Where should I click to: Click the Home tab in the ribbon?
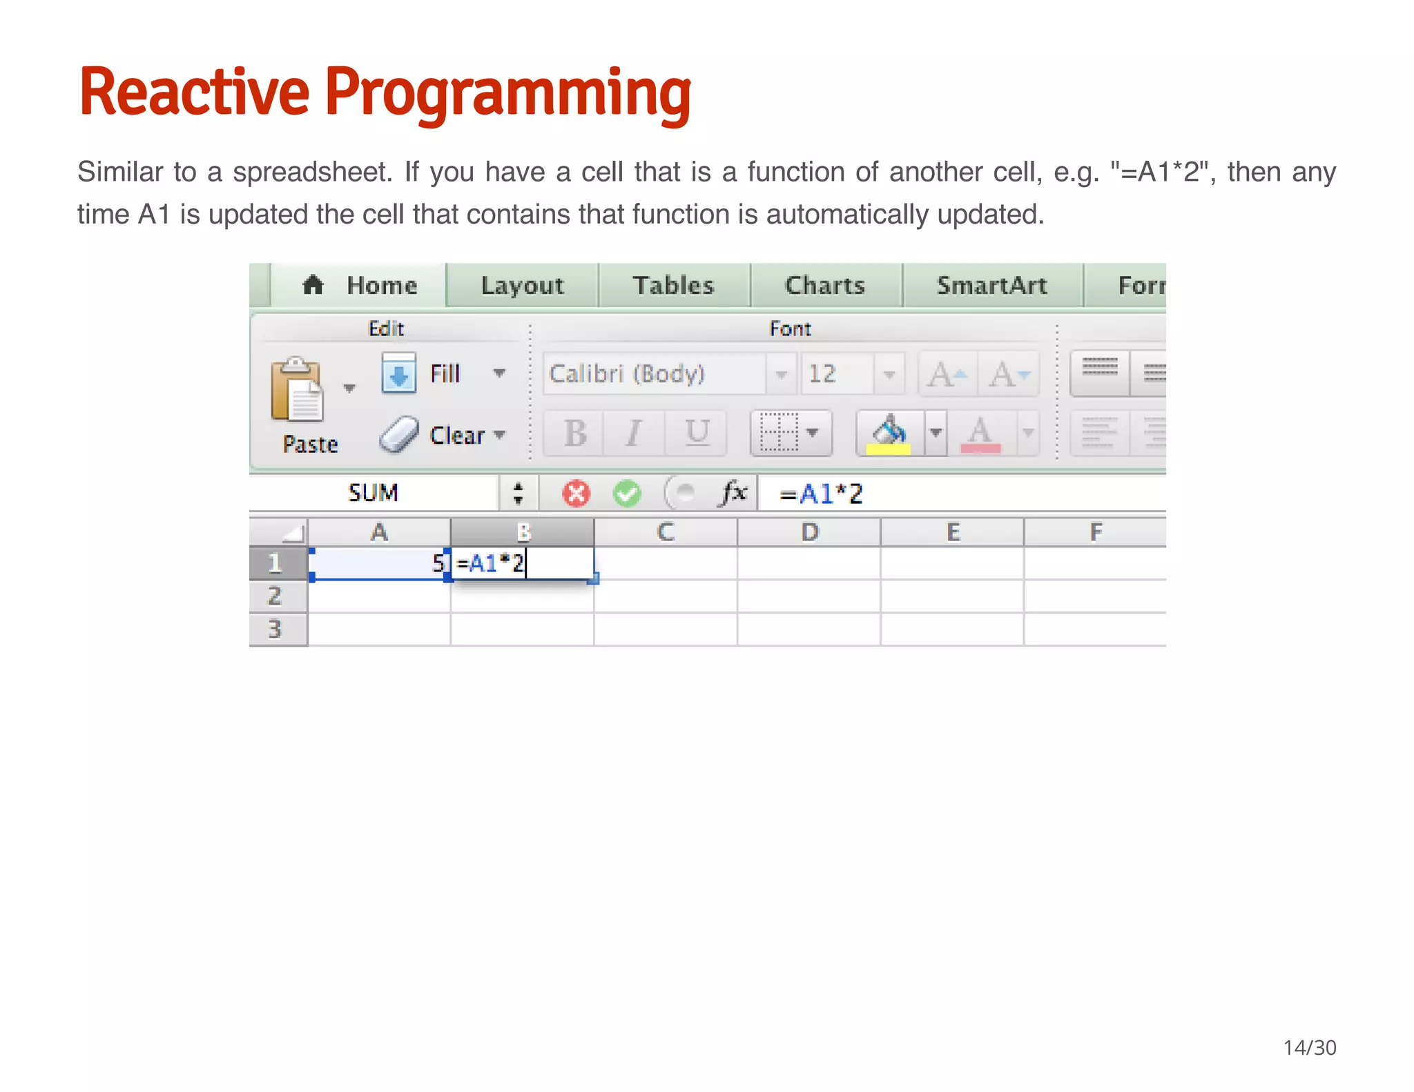pyautogui.click(x=360, y=285)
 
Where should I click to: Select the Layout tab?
pyautogui.click(x=522, y=285)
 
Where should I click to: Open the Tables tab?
pyautogui.click(x=673, y=285)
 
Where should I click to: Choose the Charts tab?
pyautogui.click(x=825, y=285)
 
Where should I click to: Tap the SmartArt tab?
pyautogui.click(x=991, y=285)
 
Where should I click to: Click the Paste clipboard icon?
pyautogui.click(x=297, y=390)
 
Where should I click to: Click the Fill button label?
pyautogui.click(x=445, y=373)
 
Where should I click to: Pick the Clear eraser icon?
pyautogui.click(x=399, y=435)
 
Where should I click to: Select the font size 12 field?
pyautogui.click(x=835, y=373)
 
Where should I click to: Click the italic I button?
pyautogui.click(x=633, y=433)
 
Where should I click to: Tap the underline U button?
pyautogui.click(x=697, y=433)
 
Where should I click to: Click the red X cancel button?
pyautogui.click(x=576, y=494)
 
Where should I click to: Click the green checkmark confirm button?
pyautogui.click(x=627, y=494)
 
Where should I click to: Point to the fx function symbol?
pyautogui.click(x=734, y=493)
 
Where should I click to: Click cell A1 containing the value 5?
pyautogui.click(x=379, y=563)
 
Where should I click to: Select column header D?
pyautogui.click(x=809, y=532)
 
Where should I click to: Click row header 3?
pyautogui.click(x=277, y=629)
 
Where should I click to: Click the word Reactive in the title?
pyautogui.click(x=194, y=92)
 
